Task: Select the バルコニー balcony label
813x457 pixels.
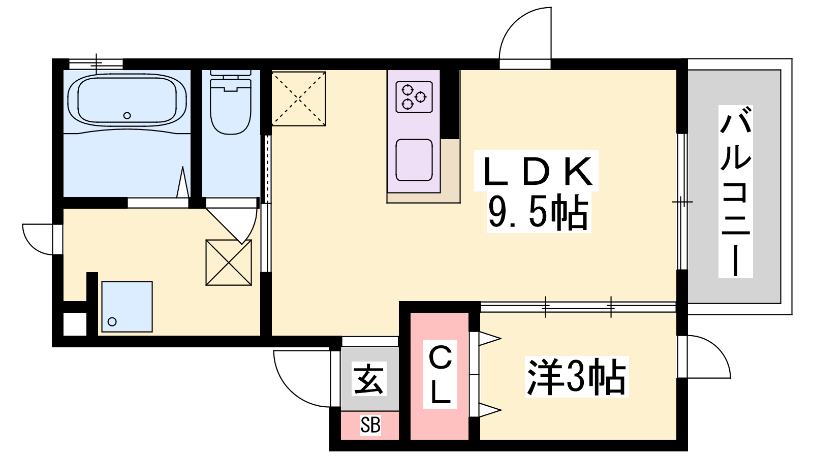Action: pos(735,191)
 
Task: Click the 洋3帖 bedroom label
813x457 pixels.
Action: pos(576,377)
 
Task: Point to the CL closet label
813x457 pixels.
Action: pos(440,374)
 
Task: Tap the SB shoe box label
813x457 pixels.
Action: pos(370,425)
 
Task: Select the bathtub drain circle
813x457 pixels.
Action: pos(127,116)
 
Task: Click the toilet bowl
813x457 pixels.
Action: pos(231,105)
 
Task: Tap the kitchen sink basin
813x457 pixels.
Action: pos(414,160)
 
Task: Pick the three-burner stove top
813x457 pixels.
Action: pos(414,97)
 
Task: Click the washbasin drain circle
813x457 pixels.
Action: pos(112,321)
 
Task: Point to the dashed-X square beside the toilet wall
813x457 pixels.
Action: pos(298,99)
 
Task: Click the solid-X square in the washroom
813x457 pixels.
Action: pos(229,263)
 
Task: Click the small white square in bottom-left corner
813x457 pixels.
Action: pos(75,324)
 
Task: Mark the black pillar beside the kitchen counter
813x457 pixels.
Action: pos(450,104)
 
